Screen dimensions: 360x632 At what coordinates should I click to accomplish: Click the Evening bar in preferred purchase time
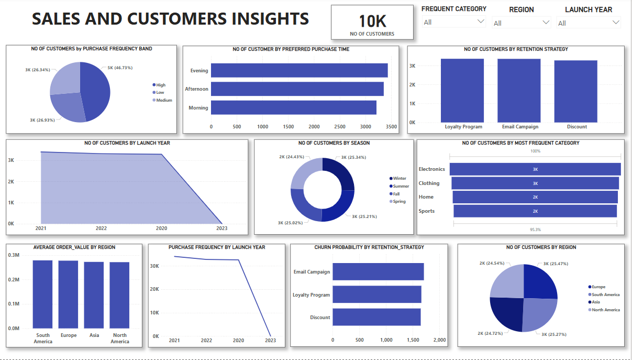(x=299, y=70)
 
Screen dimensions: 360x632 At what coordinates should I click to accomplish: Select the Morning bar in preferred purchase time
(x=293, y=107)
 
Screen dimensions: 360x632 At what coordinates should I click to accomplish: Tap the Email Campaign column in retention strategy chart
(x=519, y=90)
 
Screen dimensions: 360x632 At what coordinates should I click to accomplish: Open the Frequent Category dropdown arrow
(x=481, y=22)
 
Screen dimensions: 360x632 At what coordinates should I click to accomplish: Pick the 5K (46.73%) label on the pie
(x=120, y=68)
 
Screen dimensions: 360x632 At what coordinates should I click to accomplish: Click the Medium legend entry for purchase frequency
(x=164, y=100)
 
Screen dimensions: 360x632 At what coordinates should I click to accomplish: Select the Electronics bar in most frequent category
(x=535, y=169)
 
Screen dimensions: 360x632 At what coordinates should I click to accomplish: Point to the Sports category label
(x=426, y=211)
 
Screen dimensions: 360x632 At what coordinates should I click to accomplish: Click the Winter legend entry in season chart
(x=400, y=178)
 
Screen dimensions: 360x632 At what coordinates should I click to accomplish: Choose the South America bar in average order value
(x=42, y=294)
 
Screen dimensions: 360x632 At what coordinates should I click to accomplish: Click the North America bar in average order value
(x=119, y=295)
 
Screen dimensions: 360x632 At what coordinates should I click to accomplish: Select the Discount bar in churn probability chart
(x=376, y=317)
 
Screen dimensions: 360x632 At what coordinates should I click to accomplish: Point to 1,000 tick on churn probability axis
(x=386, y=340)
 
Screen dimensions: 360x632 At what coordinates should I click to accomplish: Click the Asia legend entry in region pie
(x=596, y=302)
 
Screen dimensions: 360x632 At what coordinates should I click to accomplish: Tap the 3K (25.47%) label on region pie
(x=556, y=264)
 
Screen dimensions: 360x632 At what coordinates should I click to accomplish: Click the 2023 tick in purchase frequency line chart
(x=270, y=341)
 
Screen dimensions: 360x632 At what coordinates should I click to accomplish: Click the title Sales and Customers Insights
(x=170, y=19)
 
